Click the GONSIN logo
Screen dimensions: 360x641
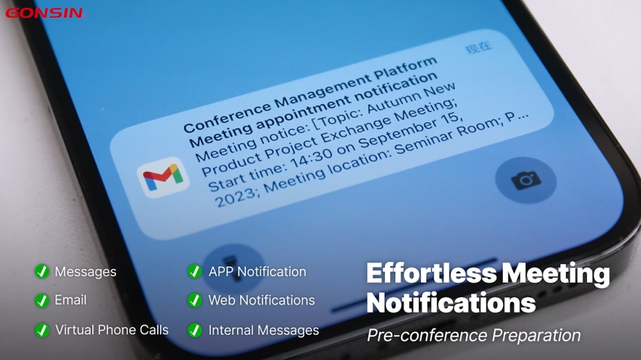click(x=44, y=12)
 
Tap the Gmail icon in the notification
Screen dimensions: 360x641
click(x=163, y=178)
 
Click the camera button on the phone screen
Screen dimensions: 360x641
click(x=525, y=180)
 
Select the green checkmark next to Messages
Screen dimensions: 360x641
click(x=42, y=272)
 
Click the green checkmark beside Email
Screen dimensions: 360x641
click(x=42, y=301)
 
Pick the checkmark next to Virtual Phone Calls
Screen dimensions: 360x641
click(x=42, y=330)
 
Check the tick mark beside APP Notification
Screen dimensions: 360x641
click(x=195, y=272)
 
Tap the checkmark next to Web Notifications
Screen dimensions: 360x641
click(x=195, y=301)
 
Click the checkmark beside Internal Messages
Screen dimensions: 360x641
click(x=195, y=330)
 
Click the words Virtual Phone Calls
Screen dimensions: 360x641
click(x=111, y=330)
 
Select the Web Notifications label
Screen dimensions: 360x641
click(x=262, y=301)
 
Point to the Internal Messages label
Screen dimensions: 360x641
click(x=264, y=330)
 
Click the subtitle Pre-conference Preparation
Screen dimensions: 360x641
click(x=474, y=335)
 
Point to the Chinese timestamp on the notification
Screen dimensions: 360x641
click(x=478, y=48)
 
